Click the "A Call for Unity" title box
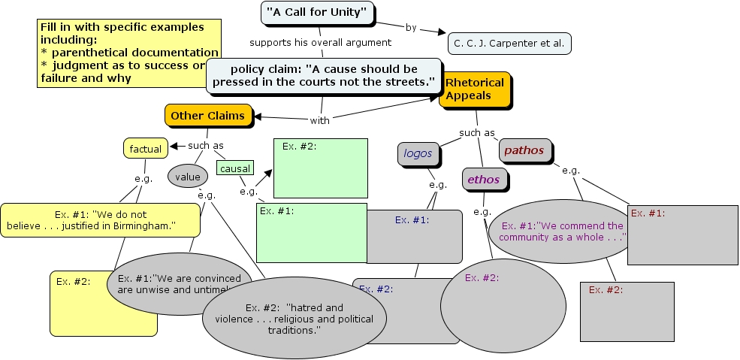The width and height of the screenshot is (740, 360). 318,13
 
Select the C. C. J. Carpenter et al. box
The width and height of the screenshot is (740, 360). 509,43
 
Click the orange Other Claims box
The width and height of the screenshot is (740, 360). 207,116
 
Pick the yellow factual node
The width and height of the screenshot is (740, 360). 145,149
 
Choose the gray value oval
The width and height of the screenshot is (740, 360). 187,177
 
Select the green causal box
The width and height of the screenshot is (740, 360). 235,168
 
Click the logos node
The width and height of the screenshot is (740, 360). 418,153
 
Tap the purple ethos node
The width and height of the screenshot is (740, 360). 483,180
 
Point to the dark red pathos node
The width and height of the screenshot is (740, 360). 524,150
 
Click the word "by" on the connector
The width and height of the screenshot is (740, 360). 411,28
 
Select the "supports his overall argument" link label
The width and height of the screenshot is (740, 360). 321,42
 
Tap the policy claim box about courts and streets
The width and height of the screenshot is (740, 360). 323,75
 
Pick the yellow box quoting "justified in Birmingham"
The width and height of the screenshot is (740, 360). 100,219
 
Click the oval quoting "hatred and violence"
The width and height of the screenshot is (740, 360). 294,319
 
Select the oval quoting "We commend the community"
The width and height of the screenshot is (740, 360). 560,231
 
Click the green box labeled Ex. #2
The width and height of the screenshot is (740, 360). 320,167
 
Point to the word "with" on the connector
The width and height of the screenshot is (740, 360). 319,120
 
